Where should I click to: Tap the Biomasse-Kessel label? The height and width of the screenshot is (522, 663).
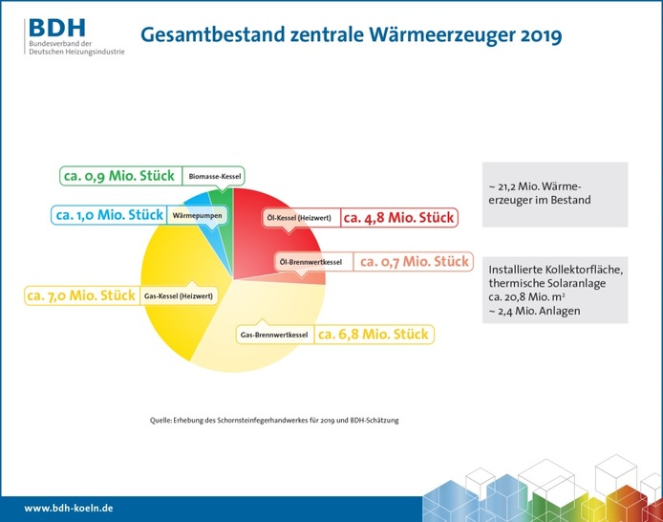pos(215,176)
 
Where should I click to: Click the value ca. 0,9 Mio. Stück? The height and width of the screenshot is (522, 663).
pos(118,176)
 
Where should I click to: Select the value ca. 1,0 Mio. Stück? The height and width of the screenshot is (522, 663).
pos(109,215)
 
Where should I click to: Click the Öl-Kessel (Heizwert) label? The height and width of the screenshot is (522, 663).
pos(299,218)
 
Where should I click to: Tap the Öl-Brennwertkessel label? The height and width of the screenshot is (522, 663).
pos(310,261)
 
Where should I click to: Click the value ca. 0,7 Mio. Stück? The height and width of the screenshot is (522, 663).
pos(412,261)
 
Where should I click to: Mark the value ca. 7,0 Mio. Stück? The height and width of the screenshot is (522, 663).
pos(80,295)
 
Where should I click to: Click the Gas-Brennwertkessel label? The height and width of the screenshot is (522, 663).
pos(273,336)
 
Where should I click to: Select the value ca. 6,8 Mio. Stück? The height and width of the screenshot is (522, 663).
pos(373,336)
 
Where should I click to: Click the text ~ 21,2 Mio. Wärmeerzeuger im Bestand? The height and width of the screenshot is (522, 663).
pos(541,194)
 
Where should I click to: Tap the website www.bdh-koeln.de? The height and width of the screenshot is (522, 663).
pos(69,508)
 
